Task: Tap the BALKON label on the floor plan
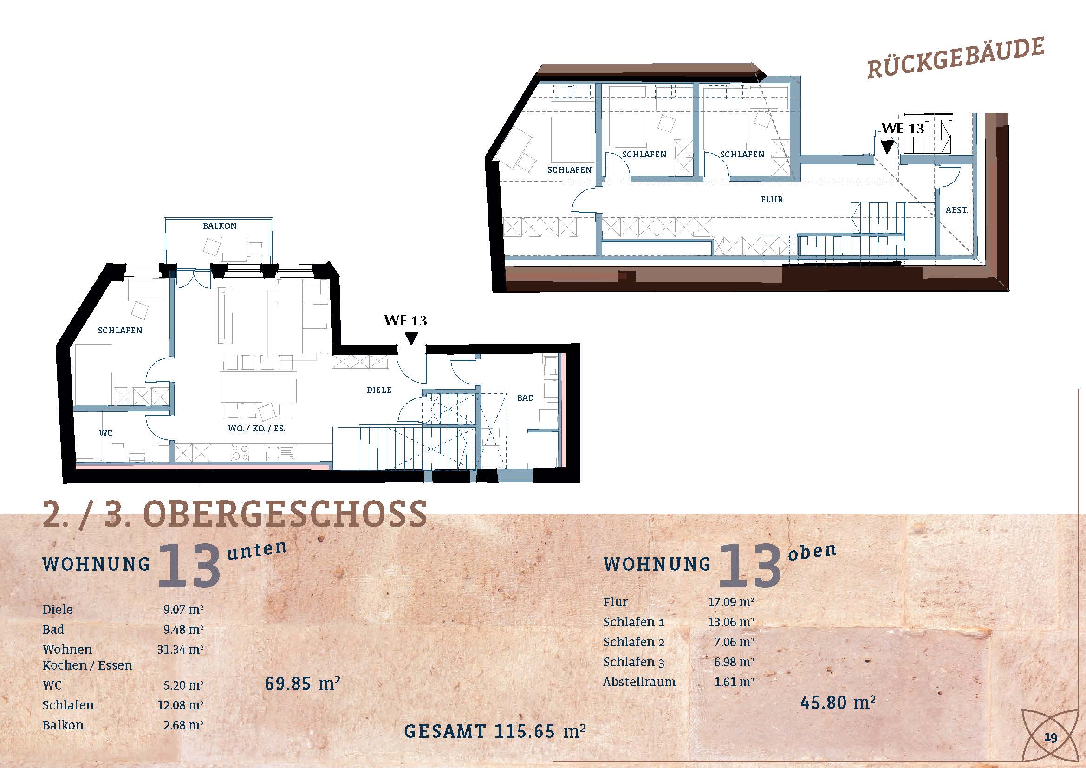220,226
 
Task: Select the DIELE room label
379,390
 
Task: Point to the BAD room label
525,398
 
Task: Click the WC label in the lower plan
105,433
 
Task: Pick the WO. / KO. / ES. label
256,429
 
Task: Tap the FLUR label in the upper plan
772,200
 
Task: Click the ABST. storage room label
956,210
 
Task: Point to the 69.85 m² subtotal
303,683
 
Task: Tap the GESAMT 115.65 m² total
495,731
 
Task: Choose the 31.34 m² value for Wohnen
180,649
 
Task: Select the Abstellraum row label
639,682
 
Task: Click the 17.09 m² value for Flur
731,602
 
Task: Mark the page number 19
1051,738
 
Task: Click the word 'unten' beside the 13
257,551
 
